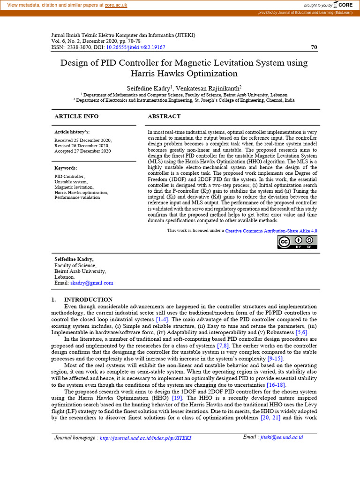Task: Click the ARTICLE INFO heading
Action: pos(76,116)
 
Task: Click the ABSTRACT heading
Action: pos(164,116)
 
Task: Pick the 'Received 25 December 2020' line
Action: pos(83,140)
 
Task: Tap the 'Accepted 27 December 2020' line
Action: pos(82,151)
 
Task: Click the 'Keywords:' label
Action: pos(66,168)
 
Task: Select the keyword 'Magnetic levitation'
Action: pos(75,187)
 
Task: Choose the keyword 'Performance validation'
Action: pos(77,197)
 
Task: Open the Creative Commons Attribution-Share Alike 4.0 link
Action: pos(271,231)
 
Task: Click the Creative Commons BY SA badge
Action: pos(297,242)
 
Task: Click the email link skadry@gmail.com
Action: pos(92,283)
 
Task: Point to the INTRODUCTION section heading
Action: pos(88,300)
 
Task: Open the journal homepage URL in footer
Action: pos(145,438)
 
